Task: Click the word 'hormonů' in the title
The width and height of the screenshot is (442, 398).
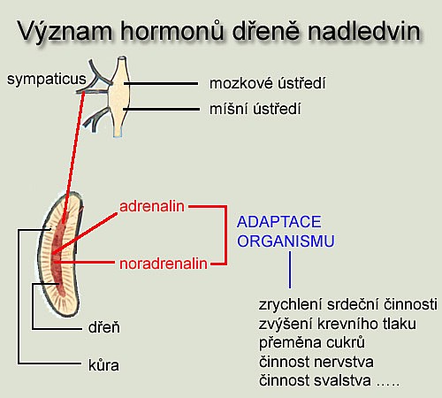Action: click(172, 30)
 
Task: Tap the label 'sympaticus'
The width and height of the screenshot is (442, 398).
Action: click(47, 80)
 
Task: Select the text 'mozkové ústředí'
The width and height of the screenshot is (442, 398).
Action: click(268, 83)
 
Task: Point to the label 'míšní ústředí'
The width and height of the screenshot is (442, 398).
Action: click(255, 109)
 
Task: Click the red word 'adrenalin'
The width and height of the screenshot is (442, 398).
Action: click(152, 206)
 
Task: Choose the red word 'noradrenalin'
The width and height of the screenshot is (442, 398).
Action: click(164, 264)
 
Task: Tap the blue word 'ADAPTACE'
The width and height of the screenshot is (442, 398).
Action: click(279, 222)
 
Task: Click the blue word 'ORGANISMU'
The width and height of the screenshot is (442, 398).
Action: click(286, 241)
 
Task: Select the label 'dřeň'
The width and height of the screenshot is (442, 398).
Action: click(104, 327)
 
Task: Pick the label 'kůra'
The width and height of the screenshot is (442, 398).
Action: click(103, 365)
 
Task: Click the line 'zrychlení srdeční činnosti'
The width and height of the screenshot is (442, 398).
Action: click(348, 304)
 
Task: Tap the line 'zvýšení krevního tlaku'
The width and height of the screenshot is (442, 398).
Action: click(338, 324)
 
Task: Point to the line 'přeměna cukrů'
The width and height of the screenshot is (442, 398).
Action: click(312, 343)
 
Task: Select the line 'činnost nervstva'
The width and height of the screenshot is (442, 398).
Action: click(316, 362)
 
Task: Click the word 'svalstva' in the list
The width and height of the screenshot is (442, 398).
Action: click(342, 380)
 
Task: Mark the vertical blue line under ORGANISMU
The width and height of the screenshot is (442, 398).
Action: click(290, 270)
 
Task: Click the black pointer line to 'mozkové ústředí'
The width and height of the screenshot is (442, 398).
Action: click(161, 84)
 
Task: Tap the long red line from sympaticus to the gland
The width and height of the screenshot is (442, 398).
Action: click(73, 157)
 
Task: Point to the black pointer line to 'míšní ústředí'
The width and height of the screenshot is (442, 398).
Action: click(162, 110)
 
